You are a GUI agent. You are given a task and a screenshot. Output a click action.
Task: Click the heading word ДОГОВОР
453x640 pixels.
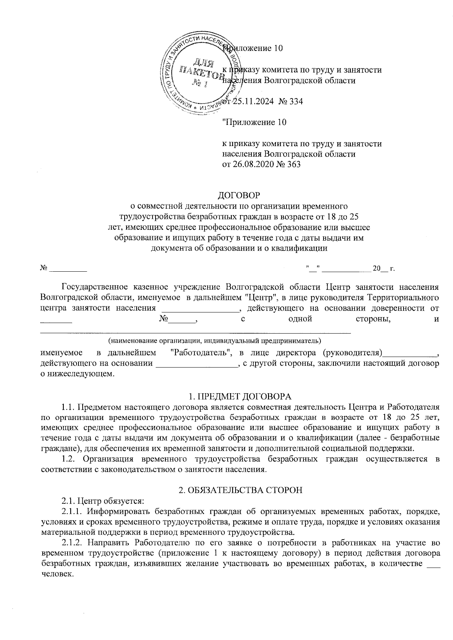click(x=240, y=195)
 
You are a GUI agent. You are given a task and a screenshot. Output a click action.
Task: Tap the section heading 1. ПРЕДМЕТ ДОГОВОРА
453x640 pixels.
click(x=240, y=397)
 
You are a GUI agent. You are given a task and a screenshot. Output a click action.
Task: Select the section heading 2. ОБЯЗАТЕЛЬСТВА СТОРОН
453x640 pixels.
click(x=240, y=490)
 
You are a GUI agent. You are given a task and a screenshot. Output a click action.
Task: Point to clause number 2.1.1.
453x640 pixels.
click(x=74, y=512)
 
